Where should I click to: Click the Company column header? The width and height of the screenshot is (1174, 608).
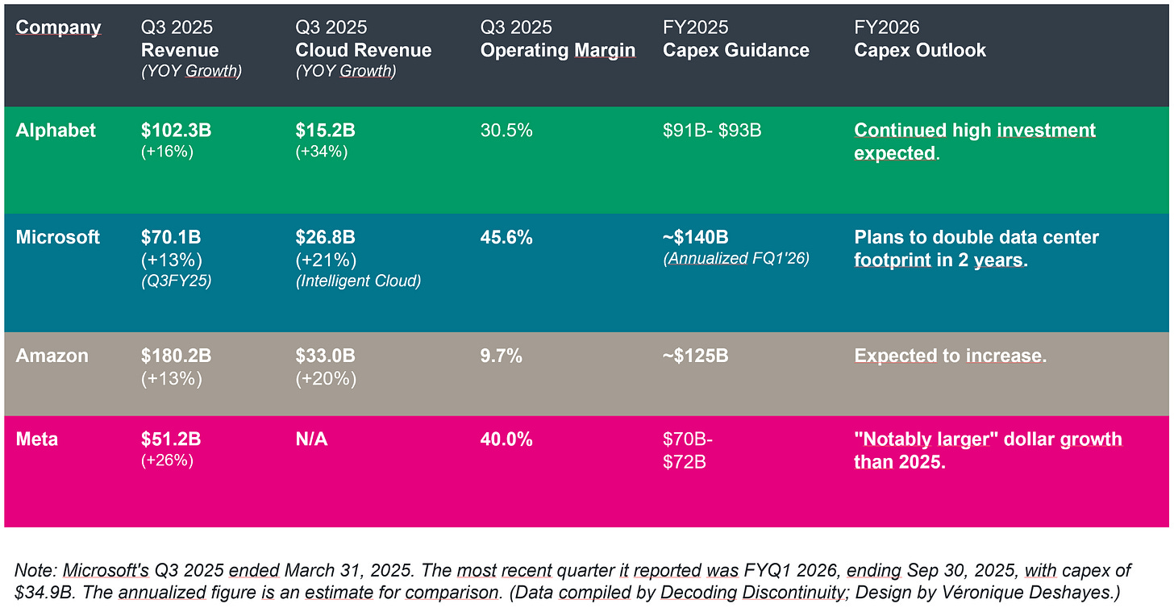tap(58, 27)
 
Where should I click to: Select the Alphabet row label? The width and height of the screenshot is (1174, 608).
tap(56, 131)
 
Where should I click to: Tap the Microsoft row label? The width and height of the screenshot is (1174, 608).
tap(58, 237)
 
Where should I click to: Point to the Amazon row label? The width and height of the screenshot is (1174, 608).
tap(52, 356)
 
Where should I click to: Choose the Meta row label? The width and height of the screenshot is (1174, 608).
tap(37, 439)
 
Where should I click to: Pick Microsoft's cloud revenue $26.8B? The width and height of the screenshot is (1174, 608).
tap(325, 237)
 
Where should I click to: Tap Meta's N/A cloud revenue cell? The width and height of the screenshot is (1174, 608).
tap(311, 439)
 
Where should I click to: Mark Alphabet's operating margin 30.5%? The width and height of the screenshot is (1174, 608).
tap(506, 131)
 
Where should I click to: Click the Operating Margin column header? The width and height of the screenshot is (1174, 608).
tap(558, 50)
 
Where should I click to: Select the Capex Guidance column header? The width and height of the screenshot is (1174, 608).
tap(735, 50)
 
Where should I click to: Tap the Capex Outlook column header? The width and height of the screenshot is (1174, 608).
tap(920, 50)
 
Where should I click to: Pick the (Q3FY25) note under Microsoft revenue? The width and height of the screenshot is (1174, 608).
tap(176, 281)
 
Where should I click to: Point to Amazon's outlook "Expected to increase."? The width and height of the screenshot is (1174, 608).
tap(950, 356)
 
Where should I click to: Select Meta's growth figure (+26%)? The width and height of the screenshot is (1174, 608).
tap(166, 460)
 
